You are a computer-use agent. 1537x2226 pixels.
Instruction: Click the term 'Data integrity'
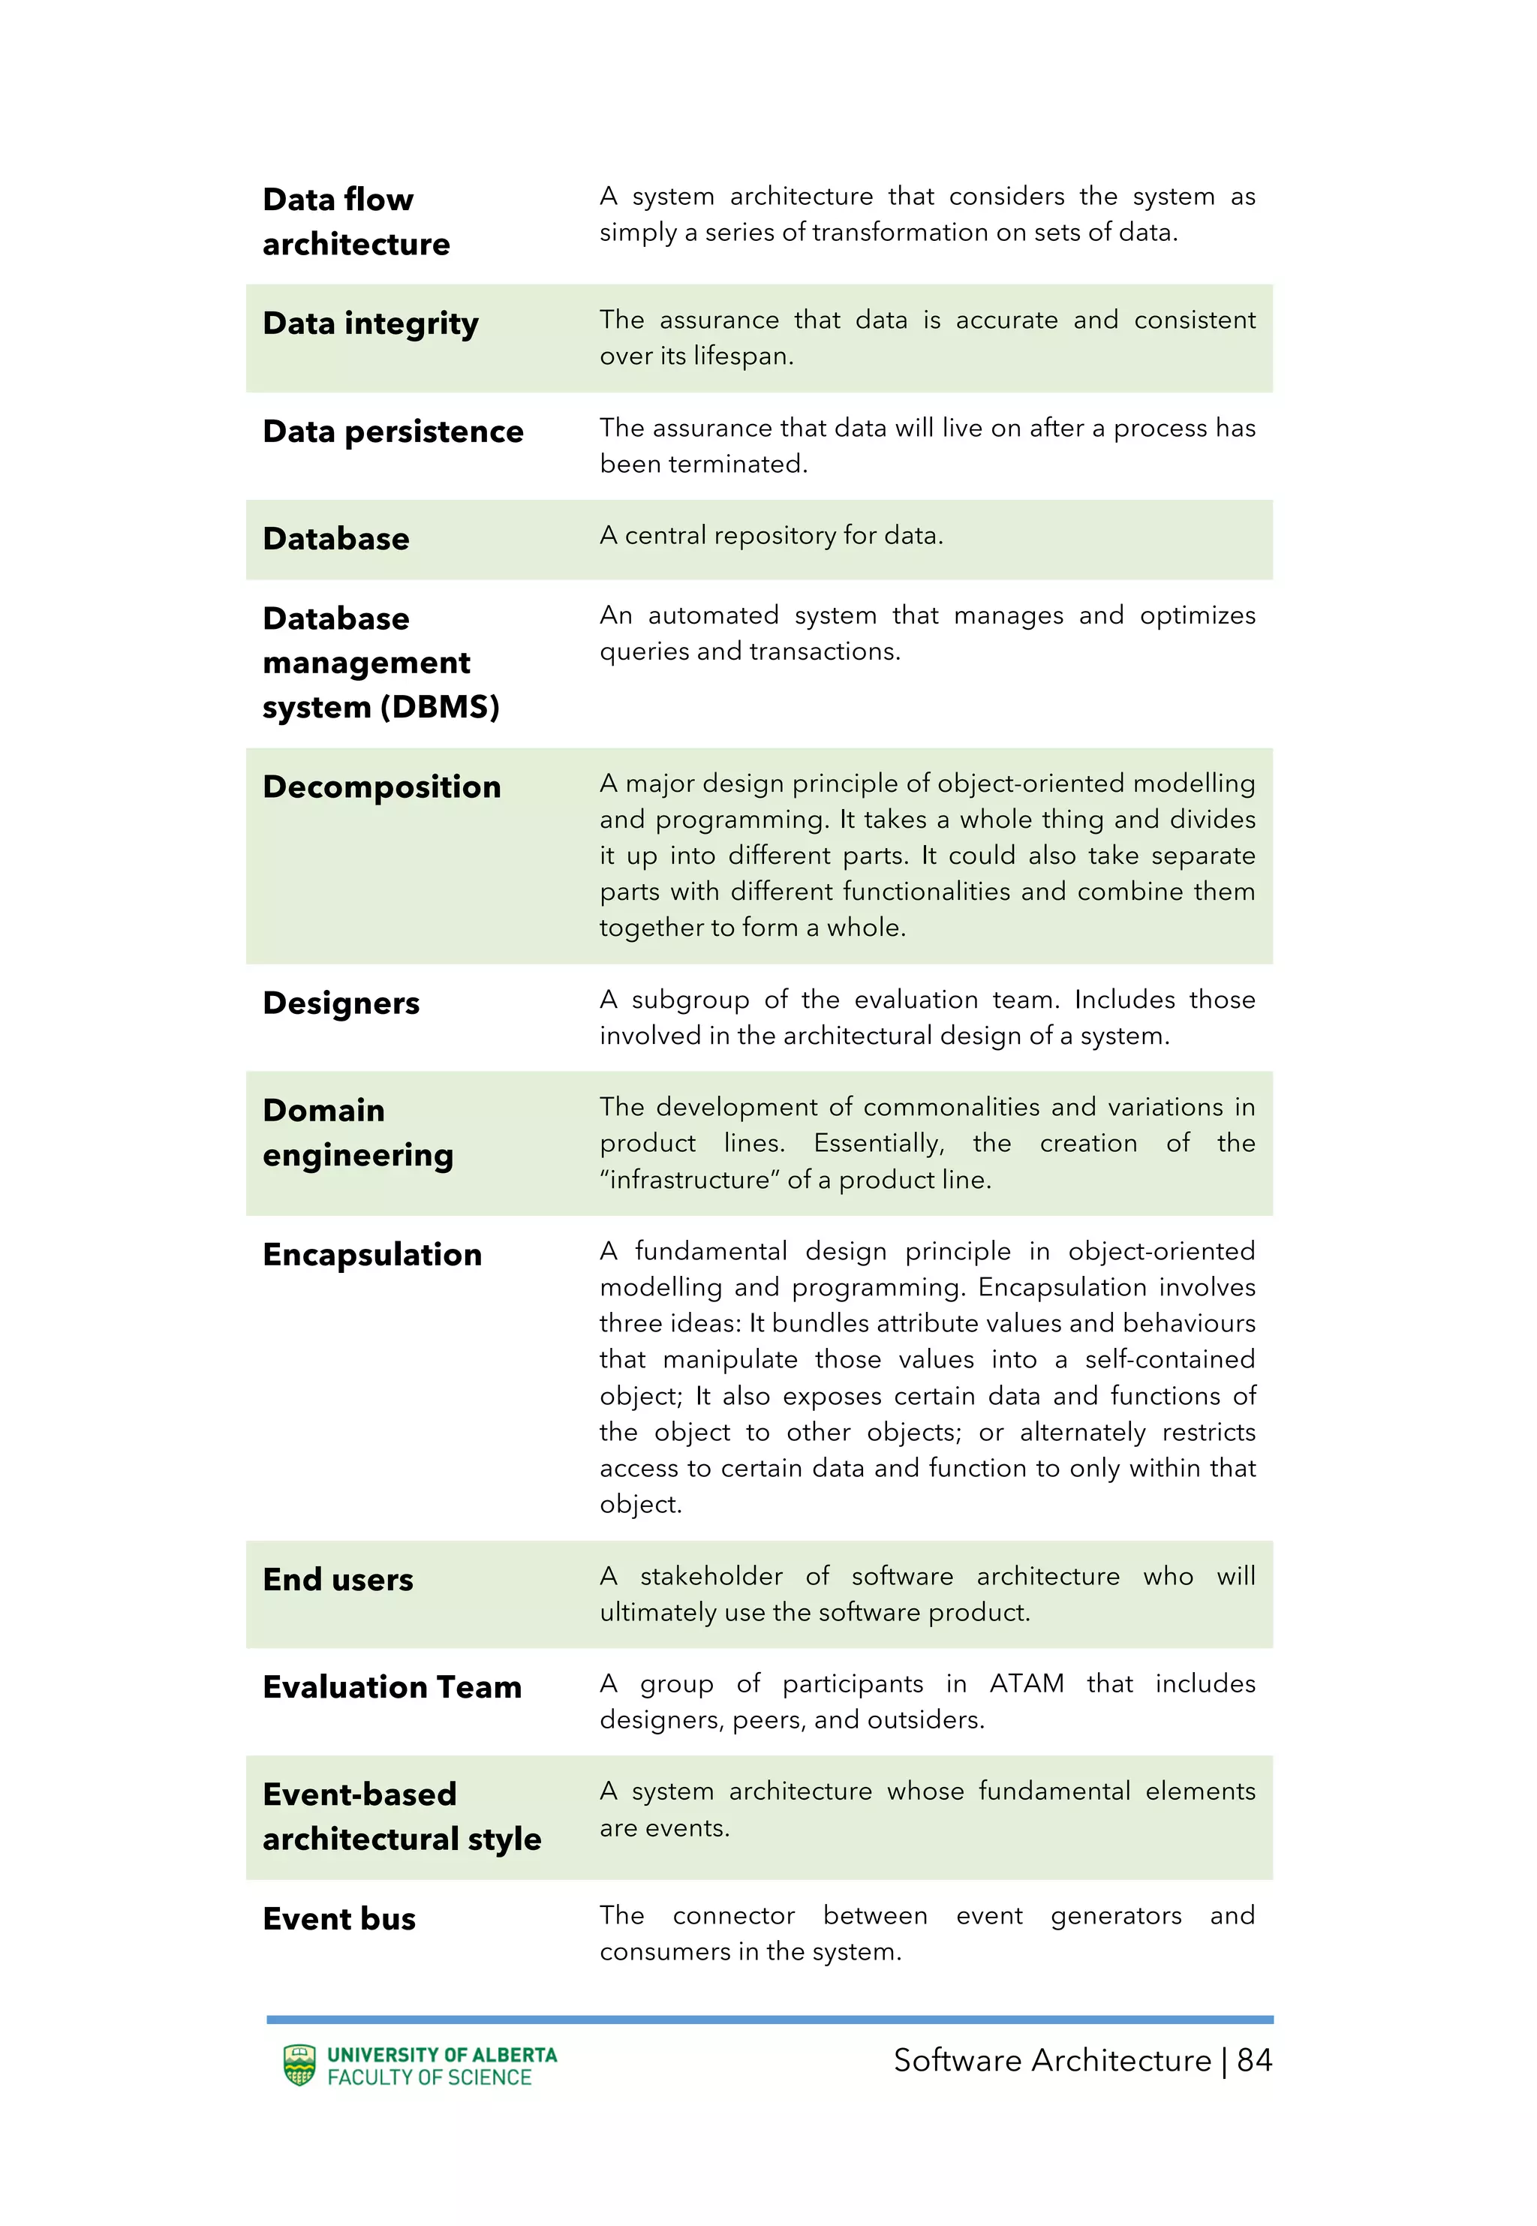coord(370,324)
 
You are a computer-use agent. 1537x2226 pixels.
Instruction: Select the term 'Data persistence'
coord(393,432)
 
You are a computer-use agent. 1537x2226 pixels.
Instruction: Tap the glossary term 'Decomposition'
coord(381,787)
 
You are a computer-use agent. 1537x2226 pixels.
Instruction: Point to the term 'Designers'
coord(341,1003)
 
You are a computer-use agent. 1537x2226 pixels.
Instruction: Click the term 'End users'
coord(337,1580)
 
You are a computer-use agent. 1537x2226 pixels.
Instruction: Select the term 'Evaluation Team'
coord(392,1688)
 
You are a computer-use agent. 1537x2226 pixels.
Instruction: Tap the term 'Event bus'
coord(339,1919)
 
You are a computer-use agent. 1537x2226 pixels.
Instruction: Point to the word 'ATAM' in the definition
coord(1027,1684)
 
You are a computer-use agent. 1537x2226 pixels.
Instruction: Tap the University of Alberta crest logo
coord(299,2065)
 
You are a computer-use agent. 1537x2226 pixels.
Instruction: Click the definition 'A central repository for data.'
coord(771,537)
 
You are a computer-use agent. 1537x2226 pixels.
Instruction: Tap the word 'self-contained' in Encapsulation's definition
coord(1169,1361)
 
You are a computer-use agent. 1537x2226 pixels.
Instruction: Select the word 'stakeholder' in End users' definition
coord(711,1577)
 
